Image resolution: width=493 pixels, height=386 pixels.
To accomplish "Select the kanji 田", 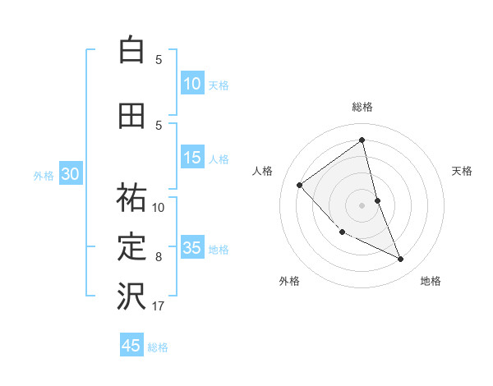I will [131, 116].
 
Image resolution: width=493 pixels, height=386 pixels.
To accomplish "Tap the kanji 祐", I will [131, 198].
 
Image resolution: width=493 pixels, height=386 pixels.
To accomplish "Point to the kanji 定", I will [131, 247].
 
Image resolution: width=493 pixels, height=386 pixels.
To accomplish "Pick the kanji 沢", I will [131, 296].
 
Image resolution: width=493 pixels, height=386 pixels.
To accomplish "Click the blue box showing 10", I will [191, 84].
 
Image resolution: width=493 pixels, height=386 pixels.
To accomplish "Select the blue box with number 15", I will [191, 158].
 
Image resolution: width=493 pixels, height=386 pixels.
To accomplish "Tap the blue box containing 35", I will [191, 248].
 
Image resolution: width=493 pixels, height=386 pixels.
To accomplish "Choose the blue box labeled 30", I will [70, 174].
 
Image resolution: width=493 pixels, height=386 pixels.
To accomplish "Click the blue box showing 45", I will [131, 346].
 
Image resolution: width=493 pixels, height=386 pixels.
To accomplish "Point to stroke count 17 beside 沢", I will [159, 306].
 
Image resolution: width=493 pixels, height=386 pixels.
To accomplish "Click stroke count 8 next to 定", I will [159, 257].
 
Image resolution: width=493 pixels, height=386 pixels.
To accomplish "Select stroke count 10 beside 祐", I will [159, 208].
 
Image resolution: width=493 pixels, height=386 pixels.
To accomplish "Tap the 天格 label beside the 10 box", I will [219, 85].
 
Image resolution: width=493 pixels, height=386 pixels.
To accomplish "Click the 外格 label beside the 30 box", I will [44, 175].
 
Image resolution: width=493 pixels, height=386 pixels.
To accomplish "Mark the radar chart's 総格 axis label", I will [362, 107].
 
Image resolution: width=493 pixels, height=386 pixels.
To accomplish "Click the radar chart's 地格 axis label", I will [431, 281].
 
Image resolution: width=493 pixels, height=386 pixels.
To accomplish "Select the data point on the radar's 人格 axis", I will [300, 185].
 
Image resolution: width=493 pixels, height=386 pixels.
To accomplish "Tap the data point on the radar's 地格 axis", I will [401, 260].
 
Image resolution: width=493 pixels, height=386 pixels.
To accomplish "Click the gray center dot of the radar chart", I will [362, 204].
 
